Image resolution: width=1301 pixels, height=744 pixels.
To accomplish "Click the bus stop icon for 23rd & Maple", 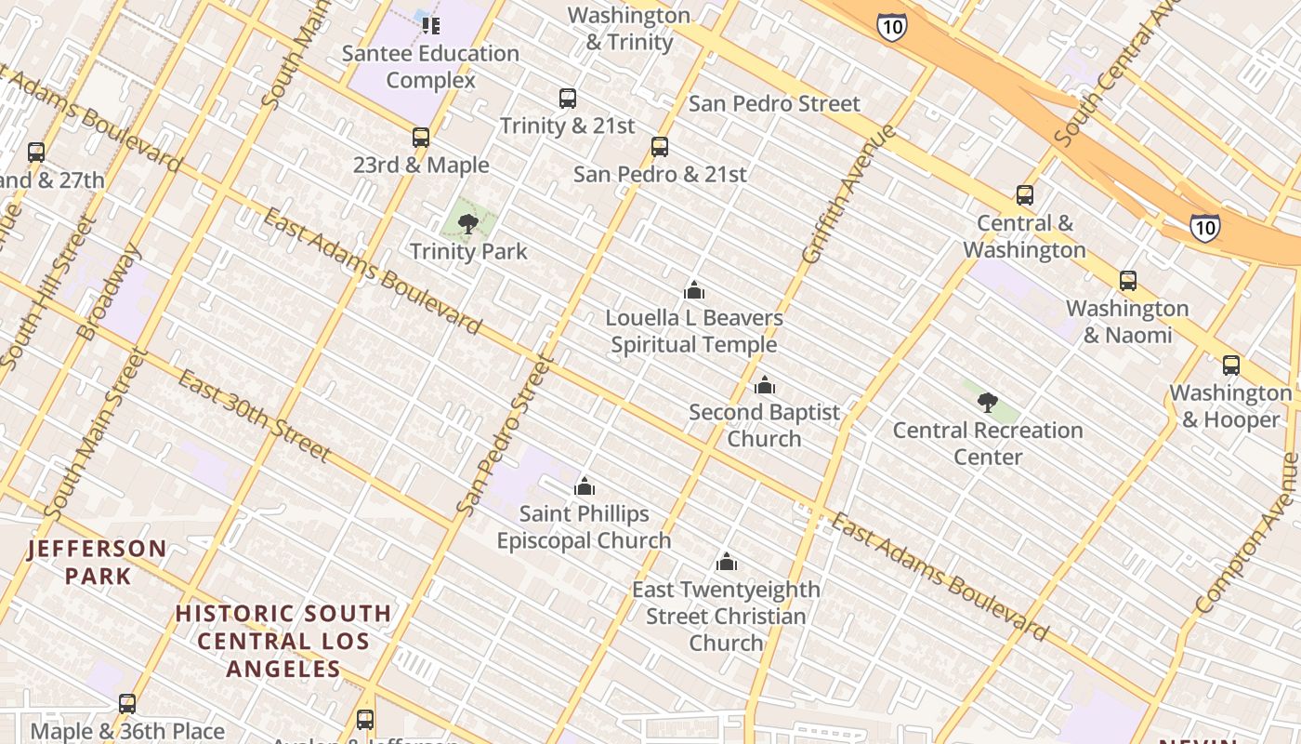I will tap(421, 138).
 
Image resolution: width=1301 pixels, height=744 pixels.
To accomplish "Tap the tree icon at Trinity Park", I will tap(468, 223).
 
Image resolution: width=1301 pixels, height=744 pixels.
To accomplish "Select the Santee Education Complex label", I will tap(430, 66).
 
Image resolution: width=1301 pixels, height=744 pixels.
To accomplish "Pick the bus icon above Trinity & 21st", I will tap(567, 98).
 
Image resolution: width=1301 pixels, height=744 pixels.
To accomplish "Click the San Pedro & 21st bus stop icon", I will tap(660, 146).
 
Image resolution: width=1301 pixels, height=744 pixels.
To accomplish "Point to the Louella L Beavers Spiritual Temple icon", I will tap(693, 290).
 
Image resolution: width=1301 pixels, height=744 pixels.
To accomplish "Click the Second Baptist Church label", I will tap(764, 425).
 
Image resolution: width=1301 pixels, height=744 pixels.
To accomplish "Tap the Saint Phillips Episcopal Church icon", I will tap(585, 485).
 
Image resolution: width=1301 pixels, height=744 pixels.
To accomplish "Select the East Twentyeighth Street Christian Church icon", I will tap(727, 562).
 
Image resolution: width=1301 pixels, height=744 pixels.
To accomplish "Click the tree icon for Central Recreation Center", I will tap(988, 403).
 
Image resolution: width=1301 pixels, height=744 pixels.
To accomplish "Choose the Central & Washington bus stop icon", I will tap(1025, 195).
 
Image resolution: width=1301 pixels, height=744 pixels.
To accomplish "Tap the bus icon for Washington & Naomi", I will tap(1128, 281).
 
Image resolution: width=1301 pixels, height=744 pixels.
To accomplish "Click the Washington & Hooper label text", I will tap(1230, 406).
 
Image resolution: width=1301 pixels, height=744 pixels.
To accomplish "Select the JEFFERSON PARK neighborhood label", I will tap(98, 562).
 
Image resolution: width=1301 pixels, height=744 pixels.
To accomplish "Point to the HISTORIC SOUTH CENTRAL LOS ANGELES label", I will tap(283, 641).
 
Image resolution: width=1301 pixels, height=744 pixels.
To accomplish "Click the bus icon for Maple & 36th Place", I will tap(127, 704).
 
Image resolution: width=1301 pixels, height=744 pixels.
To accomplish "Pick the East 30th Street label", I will tap(254, 415).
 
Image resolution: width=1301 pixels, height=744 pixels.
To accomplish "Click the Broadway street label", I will tap(110, 291).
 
